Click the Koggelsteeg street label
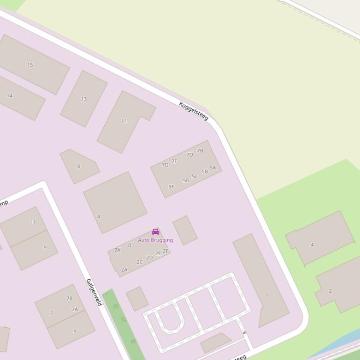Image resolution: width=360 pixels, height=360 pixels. [193, 111]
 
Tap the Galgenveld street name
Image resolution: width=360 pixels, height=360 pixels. [94, 292]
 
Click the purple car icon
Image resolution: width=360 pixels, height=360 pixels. [156, 232]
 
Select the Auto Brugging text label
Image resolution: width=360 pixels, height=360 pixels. [156, 240]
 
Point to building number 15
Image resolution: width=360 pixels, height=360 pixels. [30, 65]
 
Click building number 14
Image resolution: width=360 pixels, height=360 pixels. [10, 96]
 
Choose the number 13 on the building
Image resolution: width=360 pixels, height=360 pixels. [84, 99]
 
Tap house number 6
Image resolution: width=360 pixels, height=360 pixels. [79, 166]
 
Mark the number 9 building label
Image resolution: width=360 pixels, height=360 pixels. [45, 248]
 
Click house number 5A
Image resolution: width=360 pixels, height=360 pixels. [213, 168]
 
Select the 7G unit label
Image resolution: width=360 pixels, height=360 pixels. [165, 165]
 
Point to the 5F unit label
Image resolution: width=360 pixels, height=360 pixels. [171, 187]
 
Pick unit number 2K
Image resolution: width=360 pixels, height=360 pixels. [117, 250]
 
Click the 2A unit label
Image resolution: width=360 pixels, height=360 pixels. [124, 270]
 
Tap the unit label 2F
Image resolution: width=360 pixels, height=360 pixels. [166, 252]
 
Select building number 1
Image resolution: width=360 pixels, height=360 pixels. [266, 295]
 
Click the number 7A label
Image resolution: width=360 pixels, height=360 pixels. [75, 310]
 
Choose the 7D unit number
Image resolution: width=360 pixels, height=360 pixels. [189, 155]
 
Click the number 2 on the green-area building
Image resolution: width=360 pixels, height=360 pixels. [330, 291]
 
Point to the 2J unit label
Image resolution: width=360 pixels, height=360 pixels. [129, 245]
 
